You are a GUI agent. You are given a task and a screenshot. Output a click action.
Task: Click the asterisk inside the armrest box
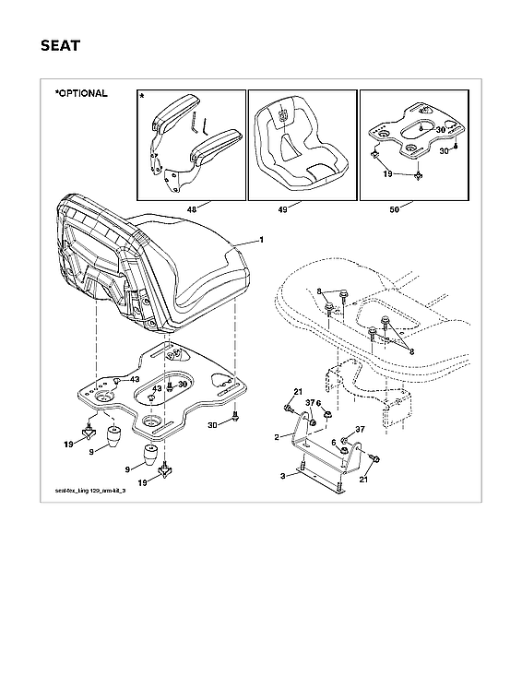tap(142, 96)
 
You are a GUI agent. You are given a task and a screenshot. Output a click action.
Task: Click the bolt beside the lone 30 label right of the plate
tap(236, 418)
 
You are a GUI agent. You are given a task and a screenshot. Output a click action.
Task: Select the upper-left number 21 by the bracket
tap(297, 393)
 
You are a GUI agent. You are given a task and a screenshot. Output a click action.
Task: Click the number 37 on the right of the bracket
tap(361, 431)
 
